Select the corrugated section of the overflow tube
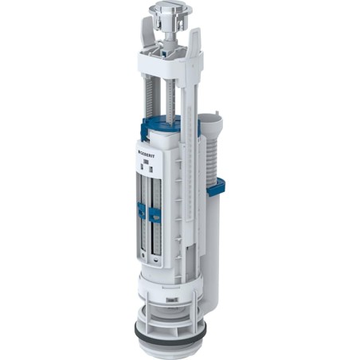click(209, 159)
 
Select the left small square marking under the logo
click(143, 167)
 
